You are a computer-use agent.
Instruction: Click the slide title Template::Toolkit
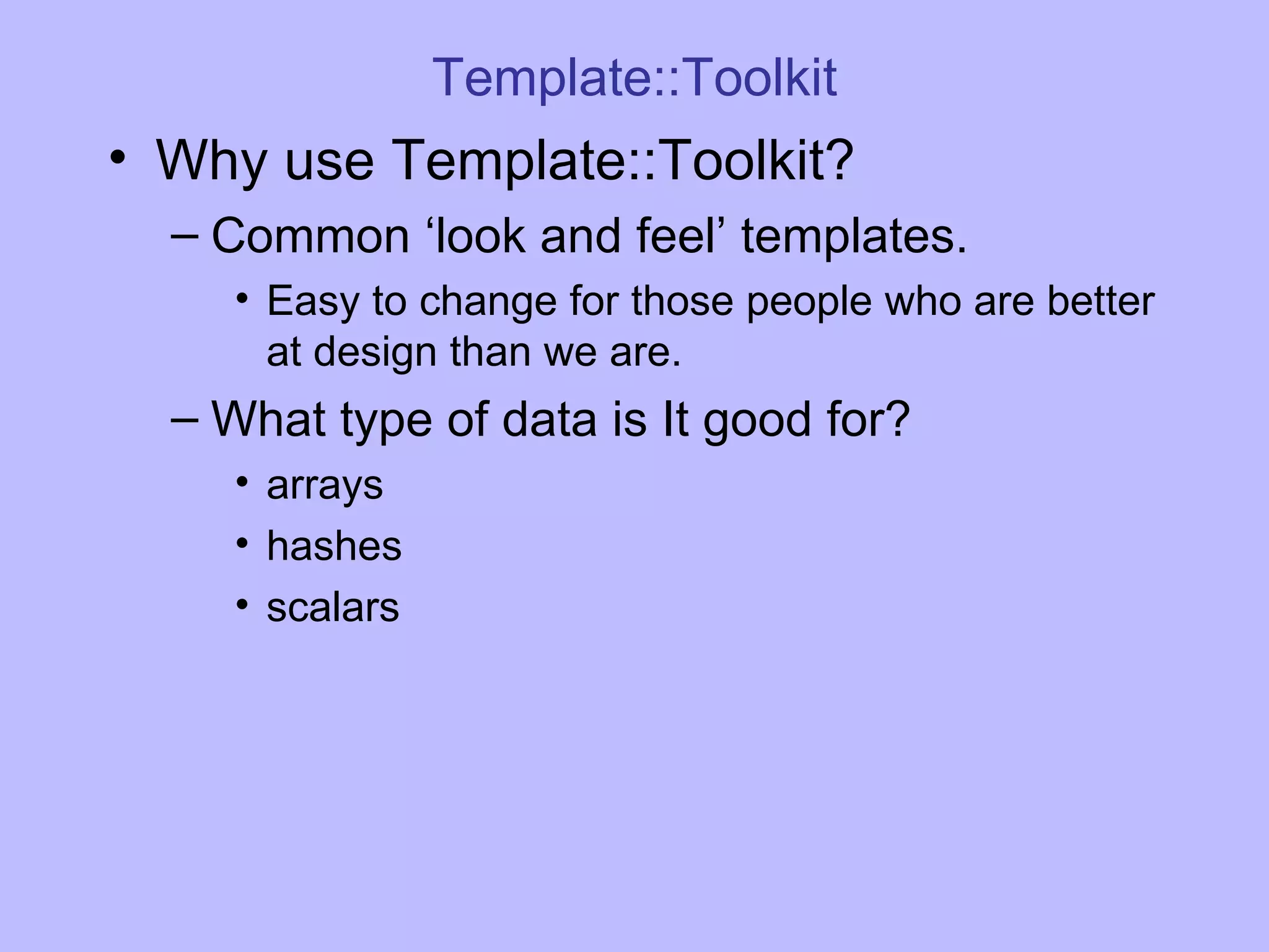point(634,77)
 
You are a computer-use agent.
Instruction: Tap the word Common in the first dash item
point(310,236)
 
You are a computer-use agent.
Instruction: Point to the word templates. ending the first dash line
point(854,237)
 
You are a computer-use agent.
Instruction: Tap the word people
point(808,302)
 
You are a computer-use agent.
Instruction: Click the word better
point(1100,301)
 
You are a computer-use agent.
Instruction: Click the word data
point(548,420)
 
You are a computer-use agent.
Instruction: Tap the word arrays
point(325,486)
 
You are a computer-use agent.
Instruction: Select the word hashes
point(334,546)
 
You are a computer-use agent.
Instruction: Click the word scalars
point(333,607)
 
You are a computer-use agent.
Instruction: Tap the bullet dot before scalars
point(242,604)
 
